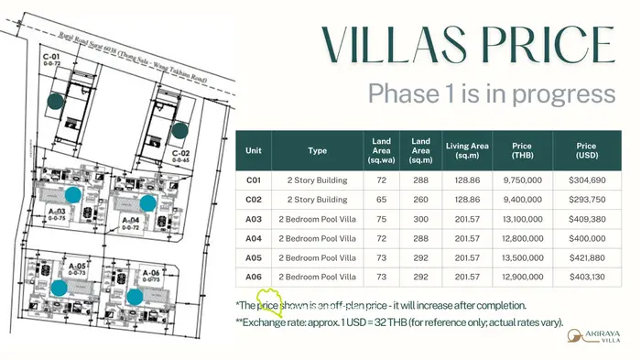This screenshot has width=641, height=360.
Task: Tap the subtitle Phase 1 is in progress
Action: click(490, 93)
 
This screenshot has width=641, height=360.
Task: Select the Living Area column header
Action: click(467, 150)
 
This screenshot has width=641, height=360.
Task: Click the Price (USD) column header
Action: click(586, 150)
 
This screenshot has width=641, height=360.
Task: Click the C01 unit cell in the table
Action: click(254, 180)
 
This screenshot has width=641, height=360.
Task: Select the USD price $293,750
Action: click(586, 200)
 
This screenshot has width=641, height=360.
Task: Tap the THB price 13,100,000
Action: click(523, 219)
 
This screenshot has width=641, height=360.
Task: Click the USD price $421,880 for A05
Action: click(586, 257)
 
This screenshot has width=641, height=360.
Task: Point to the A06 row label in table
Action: click(254, 277)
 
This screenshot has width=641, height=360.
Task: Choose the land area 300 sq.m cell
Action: click(420, 219)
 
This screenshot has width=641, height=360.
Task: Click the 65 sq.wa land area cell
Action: click(382, 200)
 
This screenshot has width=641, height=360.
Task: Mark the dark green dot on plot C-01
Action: click(55, 102)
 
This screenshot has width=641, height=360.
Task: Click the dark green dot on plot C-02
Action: click(181, 129)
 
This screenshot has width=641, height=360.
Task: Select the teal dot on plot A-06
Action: click(134, 296)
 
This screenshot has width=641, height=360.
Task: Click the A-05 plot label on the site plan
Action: click(77, 267)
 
